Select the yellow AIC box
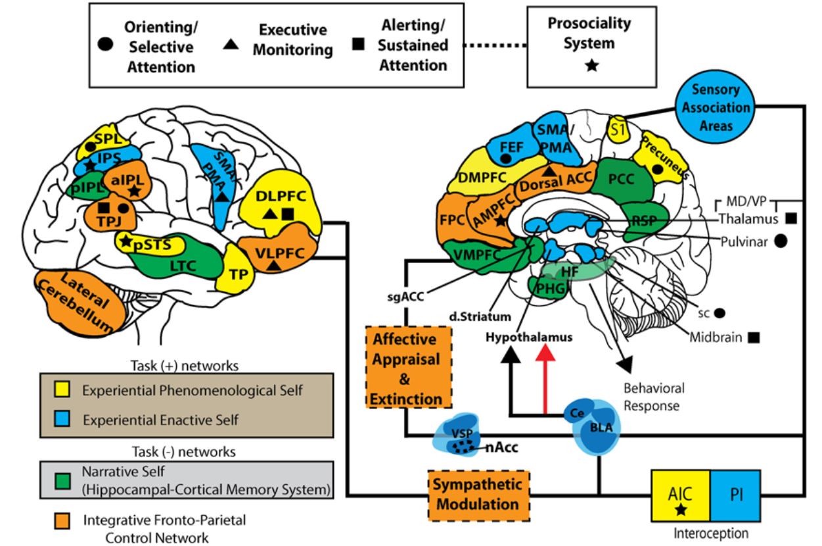coord(679,499)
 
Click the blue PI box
coord(734,493)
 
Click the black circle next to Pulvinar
coord(781,241)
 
